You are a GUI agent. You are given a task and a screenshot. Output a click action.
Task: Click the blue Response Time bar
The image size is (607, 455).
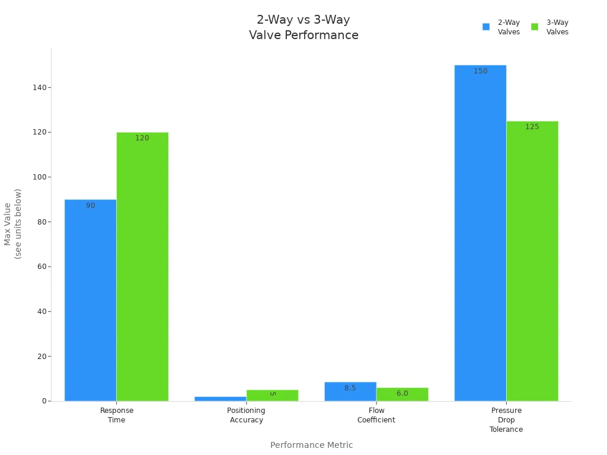(90, 300)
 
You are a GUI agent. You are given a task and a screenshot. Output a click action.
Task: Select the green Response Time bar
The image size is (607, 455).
(142, 267)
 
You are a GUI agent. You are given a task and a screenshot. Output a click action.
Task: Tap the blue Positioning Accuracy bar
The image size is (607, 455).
(221, 399)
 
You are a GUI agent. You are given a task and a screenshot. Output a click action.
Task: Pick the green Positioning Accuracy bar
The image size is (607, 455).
(273, 395)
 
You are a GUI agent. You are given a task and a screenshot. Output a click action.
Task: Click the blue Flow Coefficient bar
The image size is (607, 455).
(350, 392)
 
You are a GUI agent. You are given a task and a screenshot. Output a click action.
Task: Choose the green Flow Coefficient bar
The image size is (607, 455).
(402, 394)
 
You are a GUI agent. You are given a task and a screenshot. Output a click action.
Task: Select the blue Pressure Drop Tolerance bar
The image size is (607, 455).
(480, 233)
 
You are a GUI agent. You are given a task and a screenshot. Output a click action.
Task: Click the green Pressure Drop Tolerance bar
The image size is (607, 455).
(533, 261)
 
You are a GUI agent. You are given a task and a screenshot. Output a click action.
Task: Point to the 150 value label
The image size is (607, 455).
(480, 71)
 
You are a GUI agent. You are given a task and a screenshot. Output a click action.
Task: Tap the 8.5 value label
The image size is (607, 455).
(350, 388)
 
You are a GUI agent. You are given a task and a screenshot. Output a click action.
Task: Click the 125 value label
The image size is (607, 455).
(532, 127)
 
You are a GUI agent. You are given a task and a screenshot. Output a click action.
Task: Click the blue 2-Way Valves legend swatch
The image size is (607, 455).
(486, 27)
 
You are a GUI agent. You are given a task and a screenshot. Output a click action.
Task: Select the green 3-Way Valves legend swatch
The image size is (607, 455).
(535, 27)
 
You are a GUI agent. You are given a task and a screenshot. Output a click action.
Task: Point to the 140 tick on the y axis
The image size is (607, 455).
(40, 88)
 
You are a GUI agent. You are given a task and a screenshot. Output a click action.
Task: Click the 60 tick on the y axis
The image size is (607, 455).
(42, 267)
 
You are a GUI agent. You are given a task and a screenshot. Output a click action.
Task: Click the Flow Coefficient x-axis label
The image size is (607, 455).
(376, 415)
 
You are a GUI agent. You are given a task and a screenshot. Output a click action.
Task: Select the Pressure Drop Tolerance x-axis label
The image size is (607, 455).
(506, 420)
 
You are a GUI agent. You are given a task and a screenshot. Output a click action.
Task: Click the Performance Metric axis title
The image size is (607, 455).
(312, 445)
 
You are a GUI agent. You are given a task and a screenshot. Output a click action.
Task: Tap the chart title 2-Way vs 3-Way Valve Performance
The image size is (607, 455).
(303, 27)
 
